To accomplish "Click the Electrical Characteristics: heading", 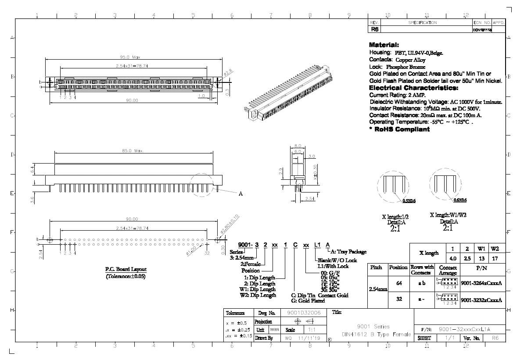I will click(x=413, y=88).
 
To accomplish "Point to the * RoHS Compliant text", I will click(x=399, y=129).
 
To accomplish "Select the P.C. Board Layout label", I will click(x=126, y=269).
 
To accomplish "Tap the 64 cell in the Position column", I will click(x=399, y=283).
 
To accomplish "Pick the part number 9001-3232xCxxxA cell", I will click(x=481, y=300).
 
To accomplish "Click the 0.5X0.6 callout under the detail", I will click(x=409, y=200).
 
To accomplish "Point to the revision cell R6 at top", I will click(x=374, y=30).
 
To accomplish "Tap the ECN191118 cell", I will click(x=482, y=30).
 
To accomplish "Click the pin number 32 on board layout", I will click(x=207, y=253).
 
